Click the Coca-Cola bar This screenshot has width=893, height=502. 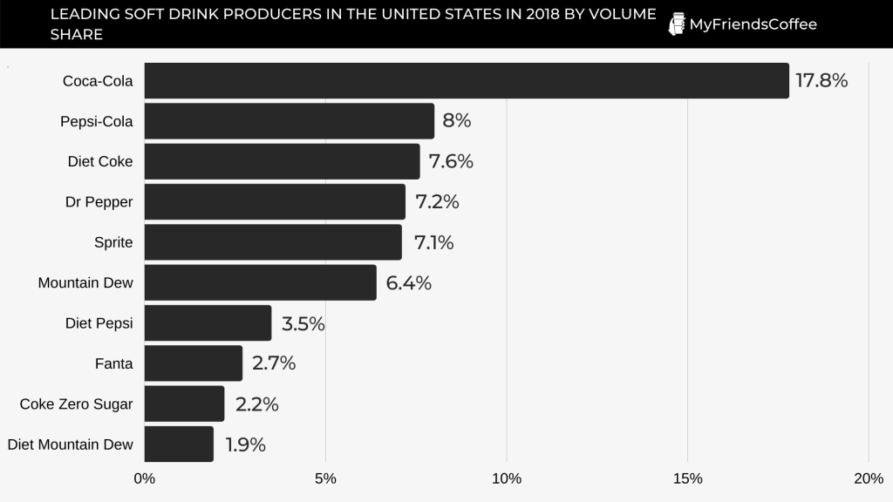click(x=467, y=81)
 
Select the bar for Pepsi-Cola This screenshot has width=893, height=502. click(x=289, y=121)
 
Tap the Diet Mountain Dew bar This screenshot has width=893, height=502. click(x=179, y=444)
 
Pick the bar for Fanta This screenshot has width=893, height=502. click(x=193, y=363)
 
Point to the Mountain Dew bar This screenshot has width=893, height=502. click(x=260, y=283)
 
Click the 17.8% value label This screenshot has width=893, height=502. click(x=821, y=81)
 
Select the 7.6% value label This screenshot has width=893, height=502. click(x=451, y=161)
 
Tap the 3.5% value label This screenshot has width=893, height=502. click(x=303, y=324)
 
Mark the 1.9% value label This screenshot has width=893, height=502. click(x=245, y=444)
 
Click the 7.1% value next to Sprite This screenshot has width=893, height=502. click(x=433, y=242)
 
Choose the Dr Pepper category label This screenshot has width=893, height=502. click(x=99, y=202)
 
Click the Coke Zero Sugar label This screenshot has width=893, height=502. click(x=76, y=404)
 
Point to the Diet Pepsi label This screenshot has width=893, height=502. click(x=99, y=323)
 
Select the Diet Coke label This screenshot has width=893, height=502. click(x=99, y=162)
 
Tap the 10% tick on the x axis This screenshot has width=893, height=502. click(x=507, y=478)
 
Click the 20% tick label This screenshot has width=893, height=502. click(x=869, y=478)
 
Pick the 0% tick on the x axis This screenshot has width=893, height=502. click(x=145, y=478)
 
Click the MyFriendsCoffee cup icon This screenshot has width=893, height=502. click(x=676, y=24)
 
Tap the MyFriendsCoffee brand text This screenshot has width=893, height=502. click(x=753, y=24)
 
